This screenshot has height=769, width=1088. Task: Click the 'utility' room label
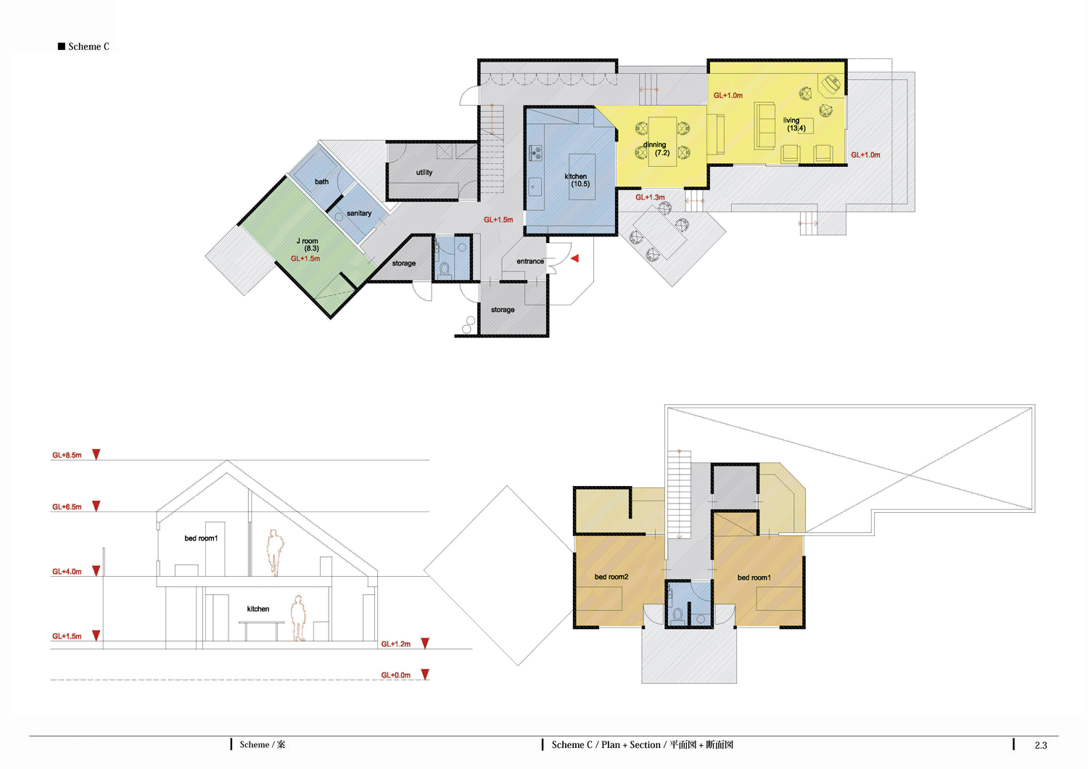pyautogui.click(x=424, y=173)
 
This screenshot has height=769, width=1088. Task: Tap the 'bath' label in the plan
pyautogui.click(x=321, y=181)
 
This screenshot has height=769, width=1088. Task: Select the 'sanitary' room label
pyautogui.click(x=359, y=213)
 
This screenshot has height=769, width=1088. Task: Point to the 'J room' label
pyautogui.click(x=307, y=241)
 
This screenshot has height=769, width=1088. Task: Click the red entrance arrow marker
pyautogui.click(x=575, y=258)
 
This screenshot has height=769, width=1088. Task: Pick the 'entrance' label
pyautogui.click(x=530, y=261)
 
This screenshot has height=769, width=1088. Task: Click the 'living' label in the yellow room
pyautogui.click(x=791, y=120)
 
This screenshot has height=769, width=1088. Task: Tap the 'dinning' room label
pyautogui.click(x=654, y=145)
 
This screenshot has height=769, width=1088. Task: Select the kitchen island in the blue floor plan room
pyautogui.click(x=582, y=177)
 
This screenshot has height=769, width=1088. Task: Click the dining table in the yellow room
pyautogui.click(x=662, y=142)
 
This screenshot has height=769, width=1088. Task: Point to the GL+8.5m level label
pyautogui.click(x=67, y=455)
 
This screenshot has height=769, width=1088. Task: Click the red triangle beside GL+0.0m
pyautogui.click(x=425, y=674)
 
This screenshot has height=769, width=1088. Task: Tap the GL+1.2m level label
pyautogui.click(x=396, y=644)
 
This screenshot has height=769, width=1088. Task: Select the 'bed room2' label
pyautogui.click(x=611, y=577)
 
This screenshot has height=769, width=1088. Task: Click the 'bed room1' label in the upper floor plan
pyautogui.click(x=754, y=577)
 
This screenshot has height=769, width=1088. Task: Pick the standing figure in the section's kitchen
pyautogui.click(x=297, y=618)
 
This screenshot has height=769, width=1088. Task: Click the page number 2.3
pyautogui.click(x=1040, y=745)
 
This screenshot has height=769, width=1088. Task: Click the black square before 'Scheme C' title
pyautogui.click(x=62, y=46)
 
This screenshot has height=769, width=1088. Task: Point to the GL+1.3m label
pyautogui.click(x=650, y=197)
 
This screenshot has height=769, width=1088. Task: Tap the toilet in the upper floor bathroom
pyautogui.click(x=678, y=616)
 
